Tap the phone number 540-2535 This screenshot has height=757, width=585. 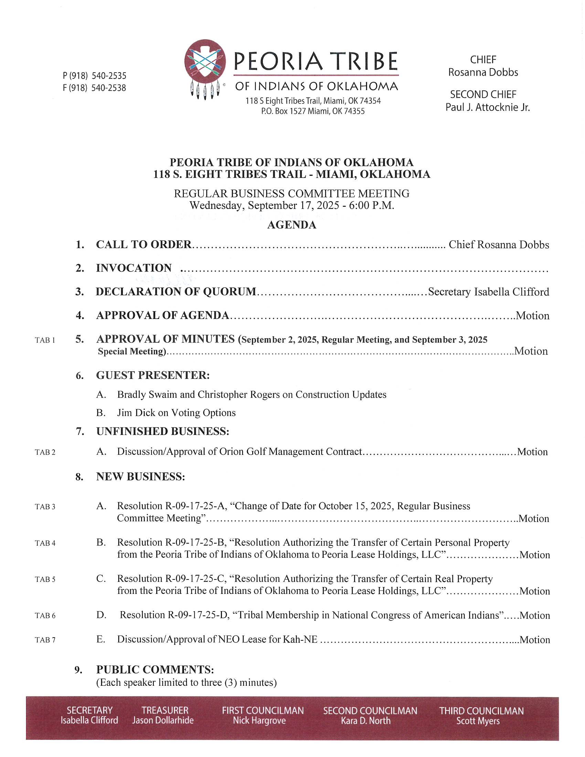[109, 76]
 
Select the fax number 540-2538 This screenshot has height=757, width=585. [108, 88]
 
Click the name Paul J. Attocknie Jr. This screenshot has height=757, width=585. [487, 107]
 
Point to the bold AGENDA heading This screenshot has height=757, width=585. [291, 225]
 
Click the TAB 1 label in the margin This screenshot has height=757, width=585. [45, 340]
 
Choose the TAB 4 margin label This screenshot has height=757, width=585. [45, 543]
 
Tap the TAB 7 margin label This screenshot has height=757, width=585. [45, 640]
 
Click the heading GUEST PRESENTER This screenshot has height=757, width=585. [152, 375]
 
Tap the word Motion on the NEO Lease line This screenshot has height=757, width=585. [534, 640]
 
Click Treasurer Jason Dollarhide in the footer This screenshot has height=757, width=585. [163, 720]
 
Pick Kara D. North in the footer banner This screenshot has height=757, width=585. [365, 721]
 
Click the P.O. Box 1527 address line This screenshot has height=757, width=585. [312, 111]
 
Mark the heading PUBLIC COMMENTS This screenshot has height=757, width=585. [155, 669]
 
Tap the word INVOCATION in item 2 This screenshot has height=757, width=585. [134, 268]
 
